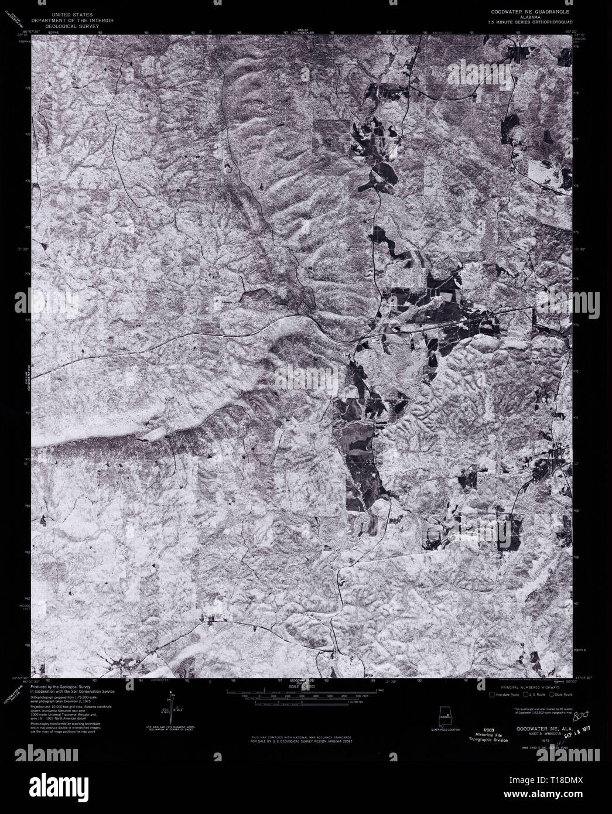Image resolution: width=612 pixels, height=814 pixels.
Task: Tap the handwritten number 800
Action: click(579, 716)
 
